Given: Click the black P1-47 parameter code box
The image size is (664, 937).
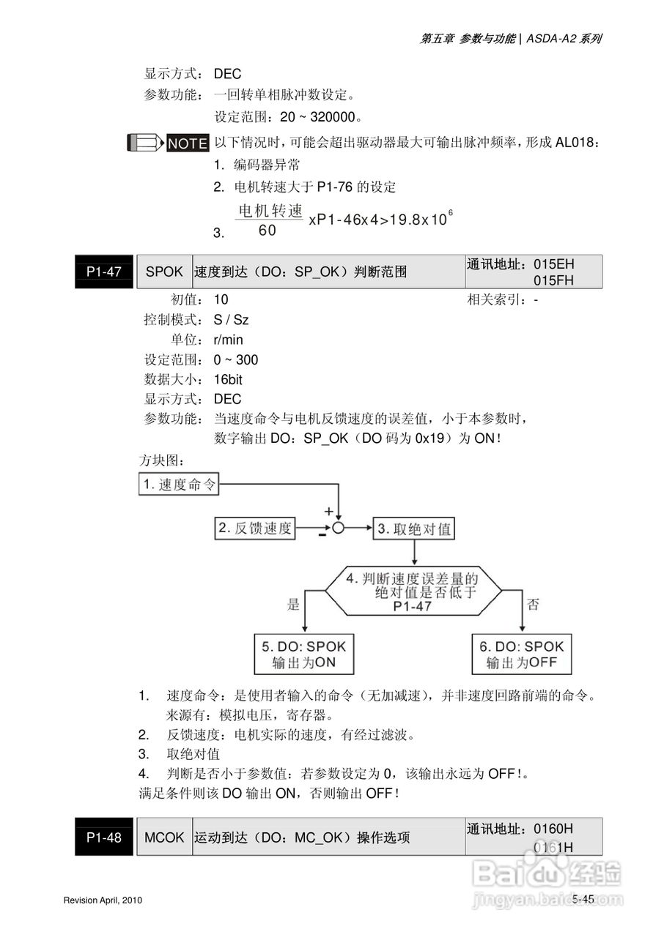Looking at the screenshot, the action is [103, 272].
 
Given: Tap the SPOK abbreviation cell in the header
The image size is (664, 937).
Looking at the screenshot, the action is [164, 272].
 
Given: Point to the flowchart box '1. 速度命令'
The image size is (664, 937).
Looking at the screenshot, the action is [179, 485].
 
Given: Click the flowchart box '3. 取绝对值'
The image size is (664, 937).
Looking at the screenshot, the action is [415, 528].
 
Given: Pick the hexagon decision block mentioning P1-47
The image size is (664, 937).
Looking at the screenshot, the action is [413, 591].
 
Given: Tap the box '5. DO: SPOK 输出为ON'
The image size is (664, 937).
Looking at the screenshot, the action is [303, 654].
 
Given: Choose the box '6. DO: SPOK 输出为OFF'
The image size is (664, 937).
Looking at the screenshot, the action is [522, 654].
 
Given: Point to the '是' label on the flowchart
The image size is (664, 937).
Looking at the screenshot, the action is [294, 604].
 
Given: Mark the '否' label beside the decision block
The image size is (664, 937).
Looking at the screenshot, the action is [533, 604].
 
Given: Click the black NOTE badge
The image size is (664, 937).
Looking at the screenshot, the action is [188, 143].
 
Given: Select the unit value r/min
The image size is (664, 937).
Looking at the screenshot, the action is [229, 340].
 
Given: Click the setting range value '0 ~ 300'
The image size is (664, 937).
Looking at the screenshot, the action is [236, 359].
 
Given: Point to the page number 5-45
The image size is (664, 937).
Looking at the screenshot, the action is [583, 899].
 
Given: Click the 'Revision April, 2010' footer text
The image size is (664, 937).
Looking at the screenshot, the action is [103, 900].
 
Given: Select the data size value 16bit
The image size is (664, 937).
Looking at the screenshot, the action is [228, 379].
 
